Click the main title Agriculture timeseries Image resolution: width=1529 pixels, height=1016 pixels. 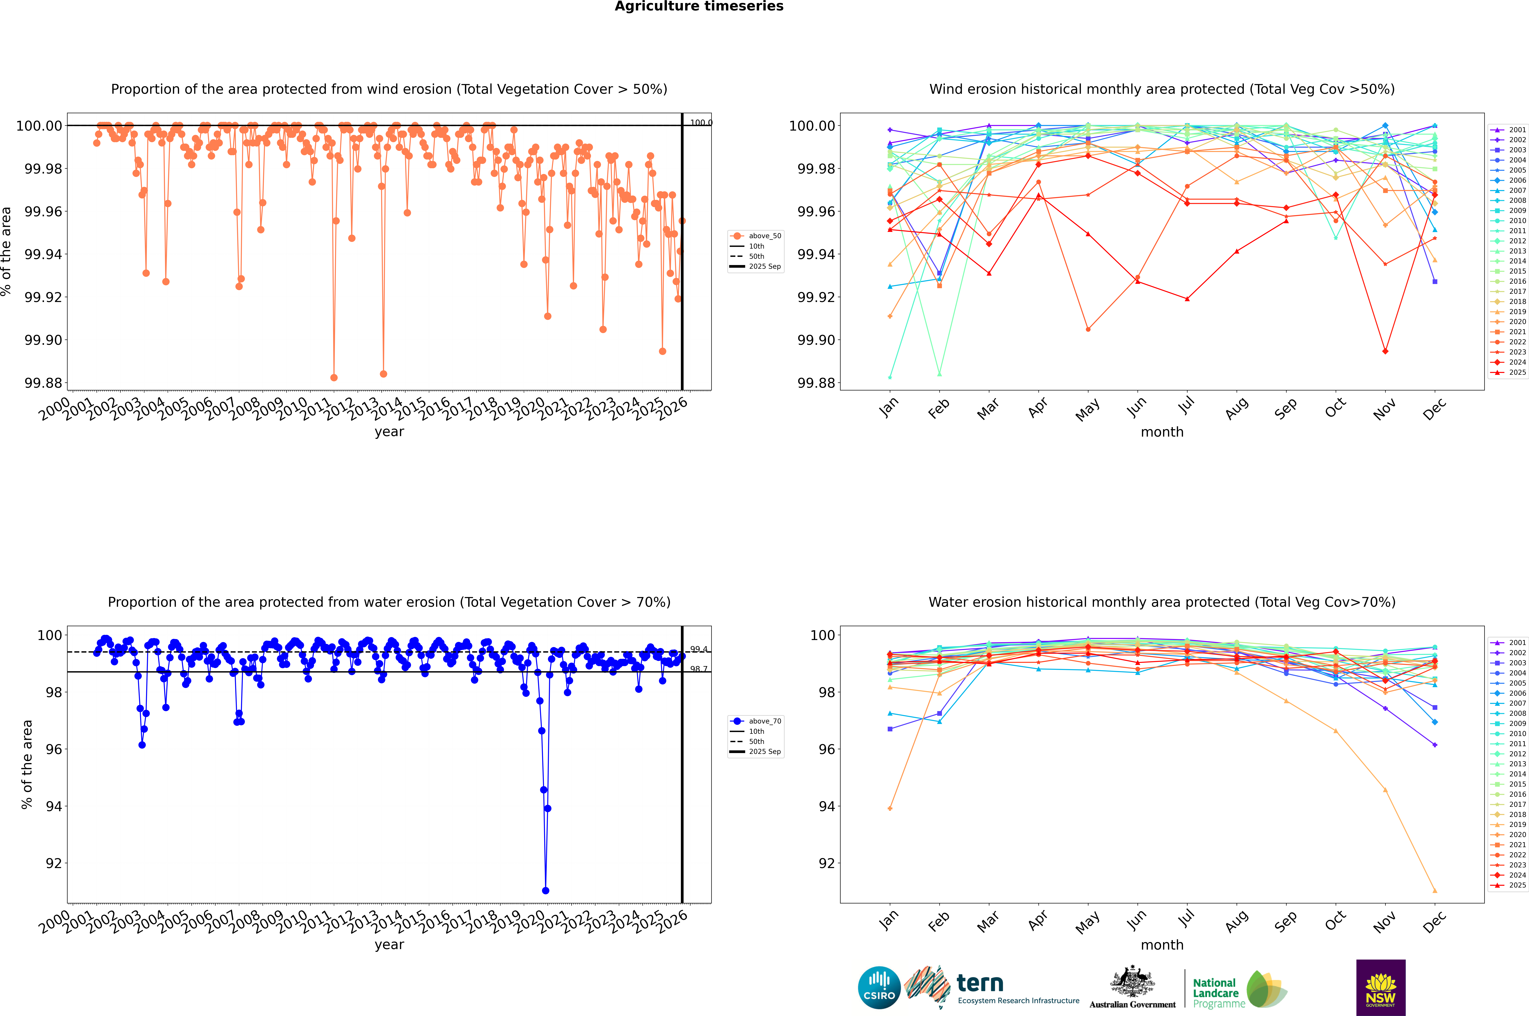699,6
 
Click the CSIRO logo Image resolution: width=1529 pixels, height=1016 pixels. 879,988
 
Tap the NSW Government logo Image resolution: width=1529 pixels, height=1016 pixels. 1381,988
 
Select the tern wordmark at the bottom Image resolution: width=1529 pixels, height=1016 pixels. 980,984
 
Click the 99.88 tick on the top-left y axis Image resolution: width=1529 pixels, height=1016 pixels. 43,383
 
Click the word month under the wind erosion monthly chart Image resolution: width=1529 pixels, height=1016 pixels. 1162,432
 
